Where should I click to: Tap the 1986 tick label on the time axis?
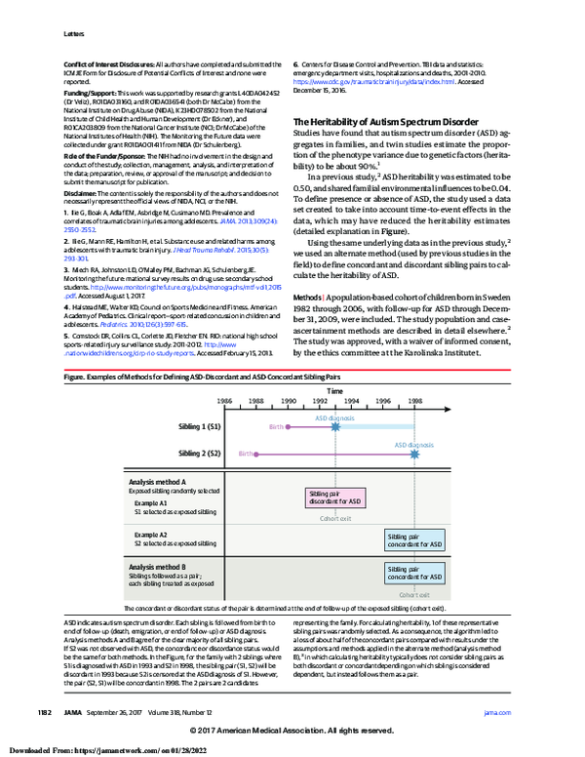tap(224, 374)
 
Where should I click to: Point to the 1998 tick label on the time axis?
tap(415, 374)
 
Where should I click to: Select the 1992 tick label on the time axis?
tap(320, 374)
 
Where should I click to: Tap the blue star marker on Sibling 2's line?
tap(415, 426)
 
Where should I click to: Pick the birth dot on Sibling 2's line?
tap(255, 426)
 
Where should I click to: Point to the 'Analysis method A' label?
tap(157, 481)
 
